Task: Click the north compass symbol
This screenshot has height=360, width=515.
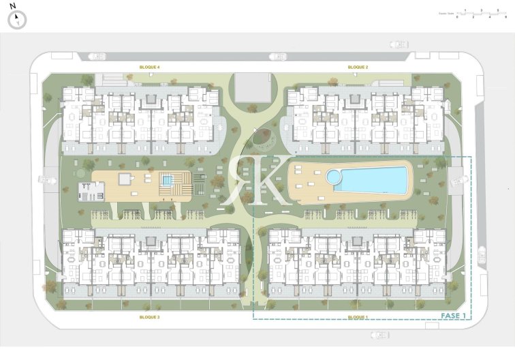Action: pyautogui.click(x=17, y=20)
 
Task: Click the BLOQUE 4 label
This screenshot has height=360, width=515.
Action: pyautogui.click(x=149, y=67)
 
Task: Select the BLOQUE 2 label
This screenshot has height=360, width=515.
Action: pyautogui.click(x=358, y=67)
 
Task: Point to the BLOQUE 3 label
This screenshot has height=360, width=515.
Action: pyautogui.click(x=149, y=317)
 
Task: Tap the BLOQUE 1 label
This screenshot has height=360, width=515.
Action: pyautogui.click(x=358, y=317)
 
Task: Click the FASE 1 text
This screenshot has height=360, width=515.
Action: pyautogui.click(x=454, y=316)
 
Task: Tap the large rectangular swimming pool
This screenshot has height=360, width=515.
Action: pyautogui.click(x=373, y=179)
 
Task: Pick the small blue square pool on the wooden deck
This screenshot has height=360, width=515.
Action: pyautogui.click(x=167, y=180)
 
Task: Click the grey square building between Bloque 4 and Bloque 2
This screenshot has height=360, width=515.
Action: pyautogui.click(x=252, y=89)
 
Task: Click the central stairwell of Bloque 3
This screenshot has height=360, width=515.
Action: pyautogui.click(x=149, y=243)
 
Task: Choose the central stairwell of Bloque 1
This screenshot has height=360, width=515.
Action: pyautogui.click(x=356, y=243)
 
